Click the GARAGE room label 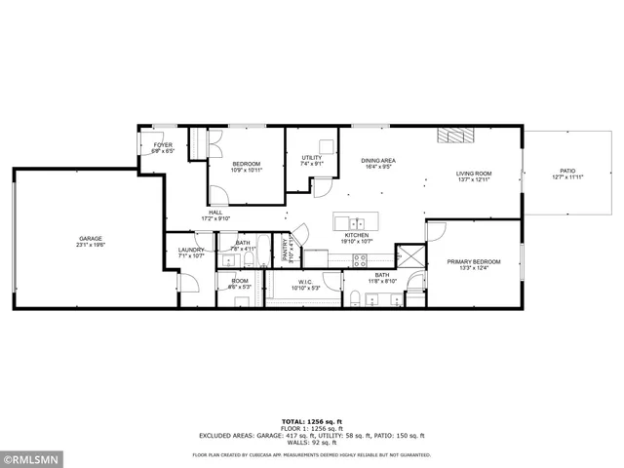tap(91, 238)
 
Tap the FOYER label tap(161, 145)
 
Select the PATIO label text tap(567, 171)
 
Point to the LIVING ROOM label tap(473, 174)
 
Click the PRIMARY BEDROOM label tap(474, 261)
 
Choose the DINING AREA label tap(377, 160)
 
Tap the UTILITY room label tap(311, 157)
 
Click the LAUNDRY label tap(191, 250)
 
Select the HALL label tap(215, 212)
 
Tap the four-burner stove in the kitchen tap(359, 259)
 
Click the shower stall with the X tap(413, 258)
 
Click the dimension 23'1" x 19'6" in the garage tap(91, 245)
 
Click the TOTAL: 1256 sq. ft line tap(312, 421)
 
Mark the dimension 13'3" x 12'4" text tap(474, 268)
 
